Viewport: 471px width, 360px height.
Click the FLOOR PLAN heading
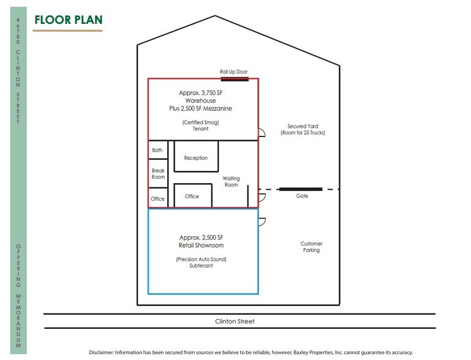click(x=69, y=20)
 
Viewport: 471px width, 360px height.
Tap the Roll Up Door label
click(x=234, y=72)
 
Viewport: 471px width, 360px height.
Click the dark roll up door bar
click(x=235, y=79)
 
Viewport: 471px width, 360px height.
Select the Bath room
click(x=158, y=150)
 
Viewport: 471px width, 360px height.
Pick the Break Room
click(x=158, y=173)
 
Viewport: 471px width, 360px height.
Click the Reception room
click(x=196, y=157)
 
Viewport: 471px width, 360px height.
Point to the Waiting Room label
click(x=231, y=182)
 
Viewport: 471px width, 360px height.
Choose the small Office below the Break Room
click(x=158, y=198)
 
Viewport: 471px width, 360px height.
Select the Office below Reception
click(x=193, y=196)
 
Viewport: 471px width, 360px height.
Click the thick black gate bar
click(x=301, y=189)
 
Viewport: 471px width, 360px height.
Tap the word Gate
click(x=302, y=196)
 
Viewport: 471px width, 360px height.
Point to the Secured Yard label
click(x=303, y=129)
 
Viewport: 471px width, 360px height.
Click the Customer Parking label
click(x=312, y=247)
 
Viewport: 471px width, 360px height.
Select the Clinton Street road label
click(x=235, y=321)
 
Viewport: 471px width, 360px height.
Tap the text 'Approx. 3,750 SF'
click(x=201, y=93)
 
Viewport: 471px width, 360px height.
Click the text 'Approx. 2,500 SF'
click(x=202, y=238)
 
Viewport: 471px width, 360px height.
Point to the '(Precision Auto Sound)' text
click(x=202, y=260)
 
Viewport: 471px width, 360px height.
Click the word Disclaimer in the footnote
click(x=101, y=353)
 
